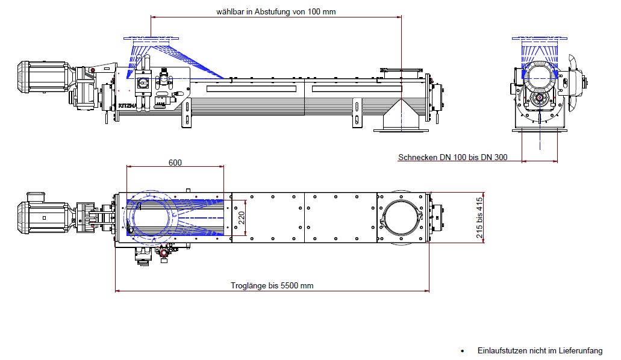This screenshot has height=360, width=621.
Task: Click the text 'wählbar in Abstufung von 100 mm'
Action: [x=276, y=11]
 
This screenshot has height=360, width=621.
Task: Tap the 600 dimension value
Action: [x=175, y=163]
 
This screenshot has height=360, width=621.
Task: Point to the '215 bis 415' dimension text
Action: [x=480, y=218]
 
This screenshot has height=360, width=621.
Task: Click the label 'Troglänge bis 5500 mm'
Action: [x=272, y=285]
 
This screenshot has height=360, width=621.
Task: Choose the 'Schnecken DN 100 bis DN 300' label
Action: [x=452, y=158]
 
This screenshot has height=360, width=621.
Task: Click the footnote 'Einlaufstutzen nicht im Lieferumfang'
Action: [x=540, y=350]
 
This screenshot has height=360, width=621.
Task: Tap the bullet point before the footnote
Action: [x=462, y=350]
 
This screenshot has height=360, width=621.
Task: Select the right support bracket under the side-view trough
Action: [x=357, y=112]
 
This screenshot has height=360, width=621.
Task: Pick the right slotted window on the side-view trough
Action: [x=357, y=89]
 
